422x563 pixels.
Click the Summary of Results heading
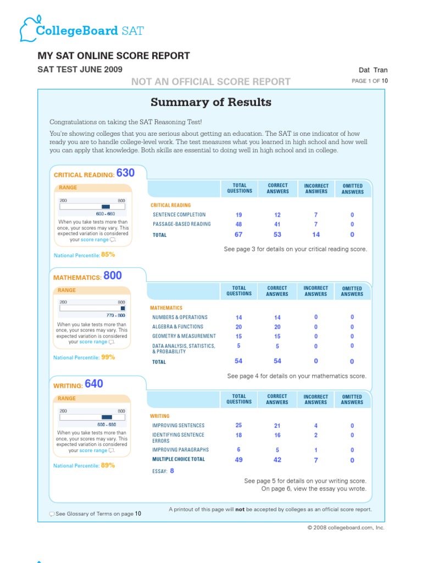click(x=211, y=102)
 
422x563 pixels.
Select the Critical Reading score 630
click(x=125, y=173)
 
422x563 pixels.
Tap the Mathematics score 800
click(x=113, y=276)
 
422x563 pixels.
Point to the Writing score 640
click(x=94, y=384)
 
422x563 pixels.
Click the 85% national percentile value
click(x=108, y=255)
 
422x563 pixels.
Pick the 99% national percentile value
click(x=108, y=357)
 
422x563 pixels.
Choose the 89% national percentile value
click(x=108, y=465)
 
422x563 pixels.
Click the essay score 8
click(x=172, y=471)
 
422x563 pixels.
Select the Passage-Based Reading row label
click(x=181, y=224)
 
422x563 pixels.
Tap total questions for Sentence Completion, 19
click(x=238, y=215)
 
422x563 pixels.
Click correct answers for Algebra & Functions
click(x=277, y=327)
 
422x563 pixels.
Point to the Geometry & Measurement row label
click(x=184, y=336)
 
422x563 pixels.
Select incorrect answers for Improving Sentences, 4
click(x=315, y=426)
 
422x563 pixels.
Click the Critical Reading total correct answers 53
click(x=277, y=235)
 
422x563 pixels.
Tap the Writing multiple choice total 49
click(x=238, y=460)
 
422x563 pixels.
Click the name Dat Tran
click(x=373, y=70)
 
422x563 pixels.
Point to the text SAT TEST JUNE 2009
click(x=80, y=69)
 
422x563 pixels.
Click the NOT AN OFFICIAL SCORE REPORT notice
click(x=210, y=82)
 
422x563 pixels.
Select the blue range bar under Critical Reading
click(x=106, y=207)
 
